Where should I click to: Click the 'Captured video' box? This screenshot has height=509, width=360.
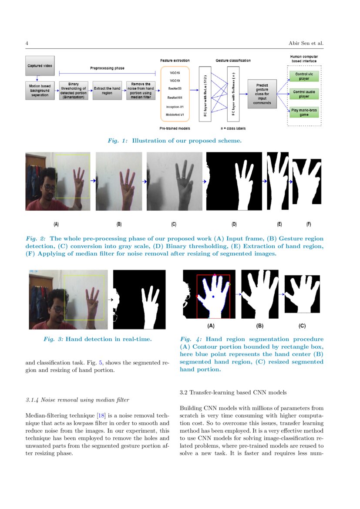[40, 66]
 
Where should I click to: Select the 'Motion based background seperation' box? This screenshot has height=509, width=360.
[40, 90]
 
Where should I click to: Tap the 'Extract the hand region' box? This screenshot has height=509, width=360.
[107, 90]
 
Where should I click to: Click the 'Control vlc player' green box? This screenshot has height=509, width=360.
[304, 77]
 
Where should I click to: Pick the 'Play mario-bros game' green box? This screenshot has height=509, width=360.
[304, 112]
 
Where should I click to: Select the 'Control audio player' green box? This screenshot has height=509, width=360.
[304, 94]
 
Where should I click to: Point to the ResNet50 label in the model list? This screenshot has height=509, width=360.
[175, 88]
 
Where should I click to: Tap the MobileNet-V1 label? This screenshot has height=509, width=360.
[175, 115]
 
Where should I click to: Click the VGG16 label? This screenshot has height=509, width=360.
[175, 73]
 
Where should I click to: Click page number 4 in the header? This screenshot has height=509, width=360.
[27, 43]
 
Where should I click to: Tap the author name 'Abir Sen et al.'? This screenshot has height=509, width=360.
[306, 43]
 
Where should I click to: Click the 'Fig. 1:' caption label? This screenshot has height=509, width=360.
[118, 141]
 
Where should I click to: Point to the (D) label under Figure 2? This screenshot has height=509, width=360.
[234, 224]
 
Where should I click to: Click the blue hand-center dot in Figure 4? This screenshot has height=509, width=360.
[213, 297]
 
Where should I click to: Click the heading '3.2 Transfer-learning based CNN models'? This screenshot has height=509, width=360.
[233, 392]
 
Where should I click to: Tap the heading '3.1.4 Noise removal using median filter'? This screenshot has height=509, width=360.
[77, 400]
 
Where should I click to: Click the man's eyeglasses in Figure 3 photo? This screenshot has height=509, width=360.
[57, 309]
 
